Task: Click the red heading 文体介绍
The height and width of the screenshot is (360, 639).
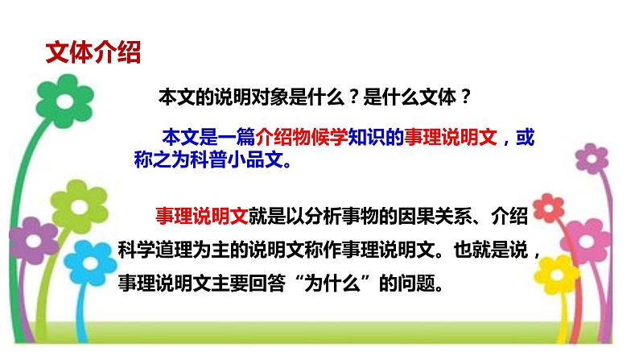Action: pos(93,53)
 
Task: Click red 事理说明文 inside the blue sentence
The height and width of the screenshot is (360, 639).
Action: pos(452,138)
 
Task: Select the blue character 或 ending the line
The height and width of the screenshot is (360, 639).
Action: pos(524,138)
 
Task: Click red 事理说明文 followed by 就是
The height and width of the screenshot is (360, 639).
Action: pos(193,215)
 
